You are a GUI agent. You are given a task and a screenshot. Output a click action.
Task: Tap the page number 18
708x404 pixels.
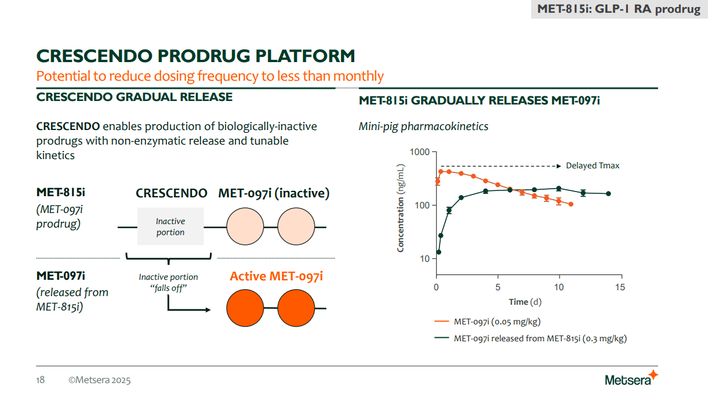point(41,380)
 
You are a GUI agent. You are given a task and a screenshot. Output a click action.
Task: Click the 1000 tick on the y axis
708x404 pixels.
point(419,152)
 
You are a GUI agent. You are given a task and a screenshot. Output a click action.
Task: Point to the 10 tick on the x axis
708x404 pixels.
point(558,287)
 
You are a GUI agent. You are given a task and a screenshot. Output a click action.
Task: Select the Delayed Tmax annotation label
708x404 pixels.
point(593,166)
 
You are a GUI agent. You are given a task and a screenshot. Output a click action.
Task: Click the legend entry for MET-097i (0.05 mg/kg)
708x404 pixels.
point(497,322)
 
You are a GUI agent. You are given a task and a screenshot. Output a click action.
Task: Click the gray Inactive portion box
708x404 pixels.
point(170,226)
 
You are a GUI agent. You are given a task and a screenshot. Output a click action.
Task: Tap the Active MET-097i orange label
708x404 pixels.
point(276,276)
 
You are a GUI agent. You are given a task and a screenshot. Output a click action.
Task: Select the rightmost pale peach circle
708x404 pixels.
point(296,226)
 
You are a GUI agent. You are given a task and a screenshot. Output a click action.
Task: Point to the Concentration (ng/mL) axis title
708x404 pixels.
point(401,208)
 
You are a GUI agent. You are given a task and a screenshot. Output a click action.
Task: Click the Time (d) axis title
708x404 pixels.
point(525,302)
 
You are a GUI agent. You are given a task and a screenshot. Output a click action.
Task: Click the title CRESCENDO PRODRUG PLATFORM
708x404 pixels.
point(195,56)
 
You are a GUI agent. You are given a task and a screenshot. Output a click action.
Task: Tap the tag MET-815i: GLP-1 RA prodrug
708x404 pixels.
point(619,9)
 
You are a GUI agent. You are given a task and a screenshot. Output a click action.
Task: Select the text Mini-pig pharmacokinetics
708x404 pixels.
point(423,126)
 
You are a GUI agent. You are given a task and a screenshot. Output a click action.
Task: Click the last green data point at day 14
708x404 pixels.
point(608,193)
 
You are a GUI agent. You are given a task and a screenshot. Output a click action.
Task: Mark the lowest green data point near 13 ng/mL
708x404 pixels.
point(439,252)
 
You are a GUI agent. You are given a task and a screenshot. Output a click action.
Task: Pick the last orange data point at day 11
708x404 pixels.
point(571,204)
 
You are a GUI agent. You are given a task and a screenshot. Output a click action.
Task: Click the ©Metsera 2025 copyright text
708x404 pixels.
point(99,380)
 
